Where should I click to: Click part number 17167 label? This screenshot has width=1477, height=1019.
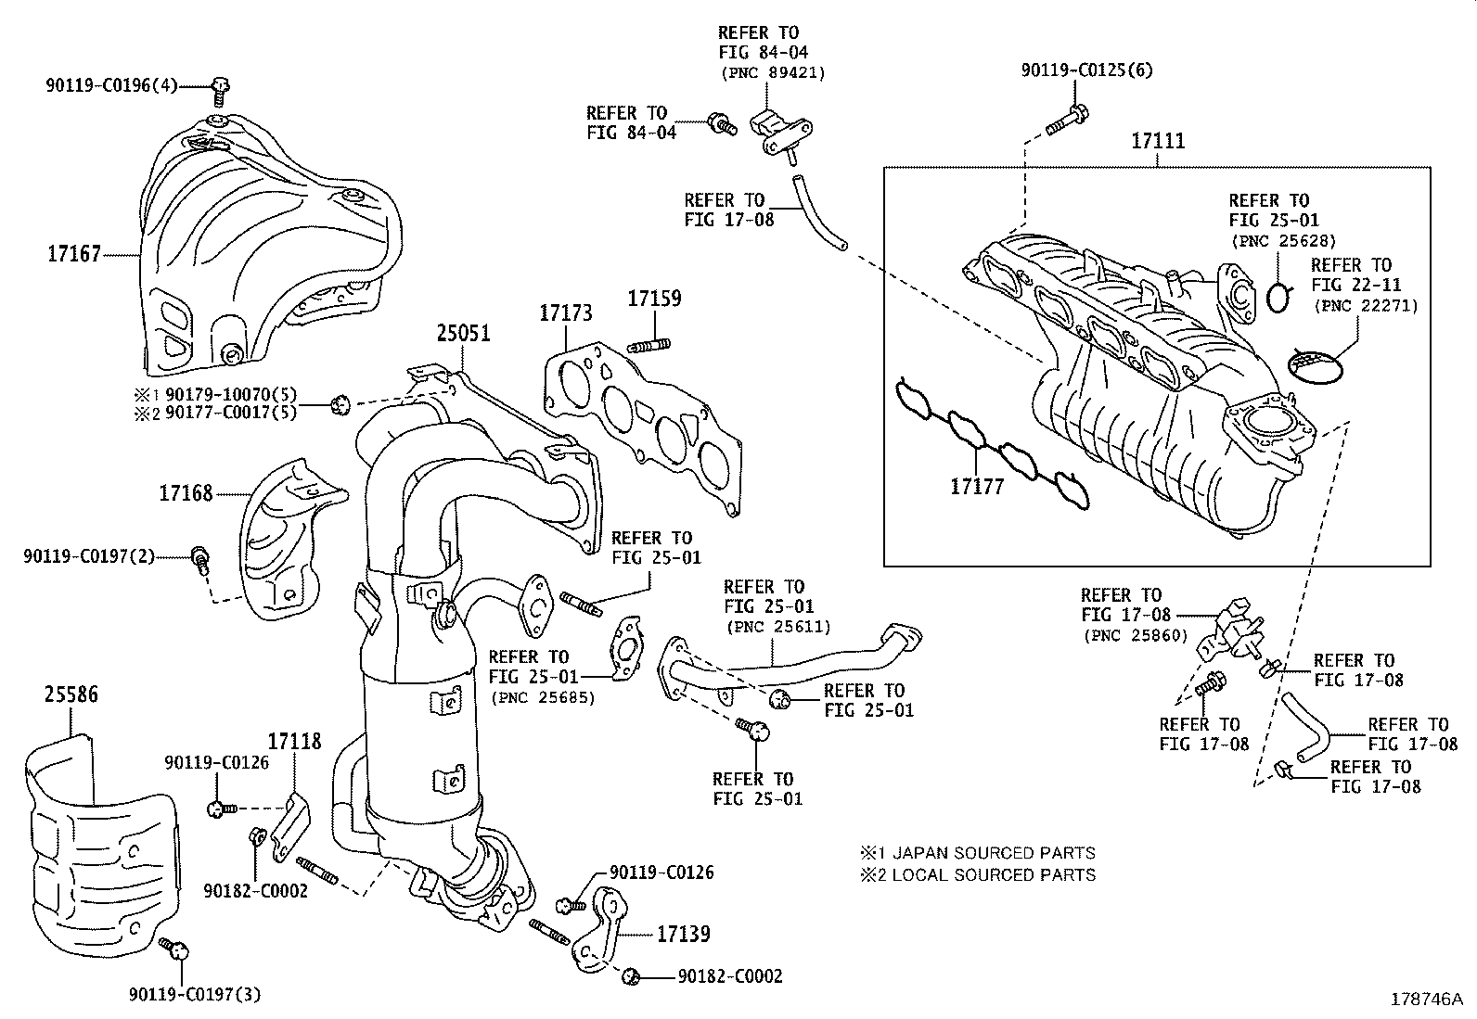click(x=74, y=253)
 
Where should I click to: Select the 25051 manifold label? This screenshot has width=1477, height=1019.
click(x=464, y=334)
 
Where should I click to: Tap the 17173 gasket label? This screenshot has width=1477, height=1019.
click(x=565, y=313)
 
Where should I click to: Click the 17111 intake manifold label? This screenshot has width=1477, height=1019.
click(x=1157, y=142)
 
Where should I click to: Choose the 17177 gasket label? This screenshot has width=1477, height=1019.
click(x=977, y=486)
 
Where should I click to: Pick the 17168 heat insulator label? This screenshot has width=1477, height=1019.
click(x=186, y=493)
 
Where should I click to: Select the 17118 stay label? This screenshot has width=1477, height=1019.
click(x=294, y=741)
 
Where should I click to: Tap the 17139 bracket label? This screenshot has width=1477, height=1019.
click(x=684, y=934)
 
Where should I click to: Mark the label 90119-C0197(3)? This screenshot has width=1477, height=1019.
click(x=195, y=995)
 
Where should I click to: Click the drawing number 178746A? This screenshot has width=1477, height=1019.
click(x=1425, y=999)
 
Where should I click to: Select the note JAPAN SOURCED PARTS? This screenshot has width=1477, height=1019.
click(x=993, y=852)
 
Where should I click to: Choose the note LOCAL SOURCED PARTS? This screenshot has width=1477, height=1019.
click(x=993, y=874)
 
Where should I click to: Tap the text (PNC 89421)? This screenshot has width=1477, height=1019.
click(x=772, y=72)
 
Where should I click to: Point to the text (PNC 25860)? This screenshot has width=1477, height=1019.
click(x=1133, y=635)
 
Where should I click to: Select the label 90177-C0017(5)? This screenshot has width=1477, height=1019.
click(x=231, y=412)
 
